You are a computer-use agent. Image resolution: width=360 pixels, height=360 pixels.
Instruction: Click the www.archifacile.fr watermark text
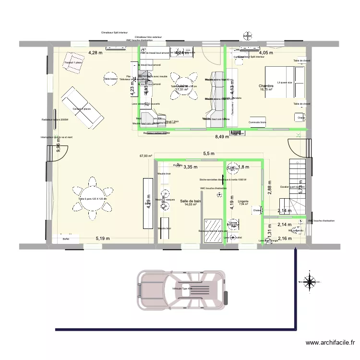tap(330, 343)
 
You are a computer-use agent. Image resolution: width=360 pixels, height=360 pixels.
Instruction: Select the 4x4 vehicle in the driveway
tap(181, 289)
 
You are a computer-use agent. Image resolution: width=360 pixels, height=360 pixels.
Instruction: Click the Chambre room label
tap(266, 86)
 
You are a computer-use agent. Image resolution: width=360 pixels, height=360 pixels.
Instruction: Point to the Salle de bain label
tap(190, 201)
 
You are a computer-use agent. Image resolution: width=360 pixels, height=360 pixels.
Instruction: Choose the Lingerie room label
tap(243, 201)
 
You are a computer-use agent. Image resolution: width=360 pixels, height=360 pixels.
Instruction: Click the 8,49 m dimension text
tap(222, 136)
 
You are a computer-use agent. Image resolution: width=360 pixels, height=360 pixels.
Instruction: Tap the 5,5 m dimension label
tap(209, 154)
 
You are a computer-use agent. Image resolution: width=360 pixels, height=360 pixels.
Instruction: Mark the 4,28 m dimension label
tap(95, 53)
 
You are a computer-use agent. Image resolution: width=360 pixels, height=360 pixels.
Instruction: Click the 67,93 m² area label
tap(146, 156)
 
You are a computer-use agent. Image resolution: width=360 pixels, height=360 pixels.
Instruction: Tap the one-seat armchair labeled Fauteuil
tap(73, 62)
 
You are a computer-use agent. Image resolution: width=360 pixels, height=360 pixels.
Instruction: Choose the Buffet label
tap(66, 239)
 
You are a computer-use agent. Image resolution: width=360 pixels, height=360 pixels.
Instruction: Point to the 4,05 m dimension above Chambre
tap(266, 53)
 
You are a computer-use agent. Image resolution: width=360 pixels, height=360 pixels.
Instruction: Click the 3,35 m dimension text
tap(191, 167)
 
